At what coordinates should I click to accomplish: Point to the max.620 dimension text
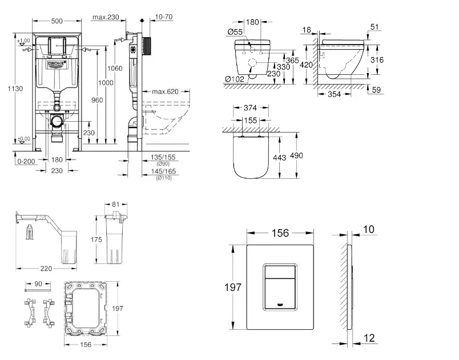click(x=166, y=91)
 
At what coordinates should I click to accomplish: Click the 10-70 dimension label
click(x=164, y=17)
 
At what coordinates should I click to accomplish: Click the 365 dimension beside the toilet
click(x=292, y=59)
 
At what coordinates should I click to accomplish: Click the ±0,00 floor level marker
click(x=24, y=139)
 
